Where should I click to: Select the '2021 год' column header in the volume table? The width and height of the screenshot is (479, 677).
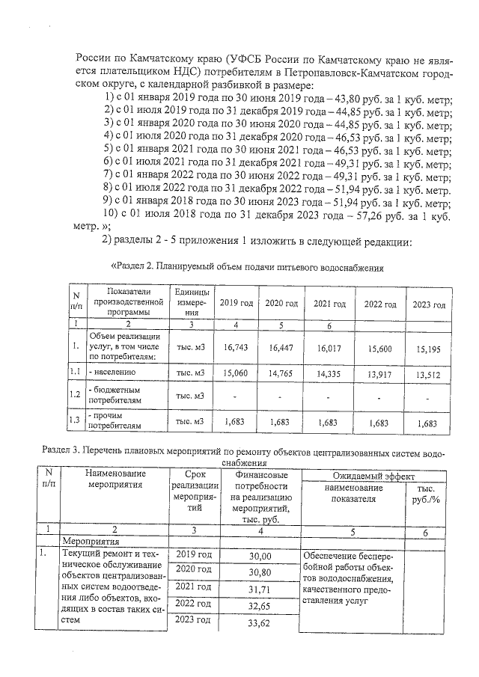point(329,304)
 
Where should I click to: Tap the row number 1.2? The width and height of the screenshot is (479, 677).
point(75,394)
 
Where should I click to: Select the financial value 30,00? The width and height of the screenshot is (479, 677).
point(260,556)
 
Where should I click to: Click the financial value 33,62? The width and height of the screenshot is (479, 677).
point(260,625)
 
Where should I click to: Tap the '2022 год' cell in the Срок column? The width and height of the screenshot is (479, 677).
point(194,603)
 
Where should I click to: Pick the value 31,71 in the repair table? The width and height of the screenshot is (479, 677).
point(260,591)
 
